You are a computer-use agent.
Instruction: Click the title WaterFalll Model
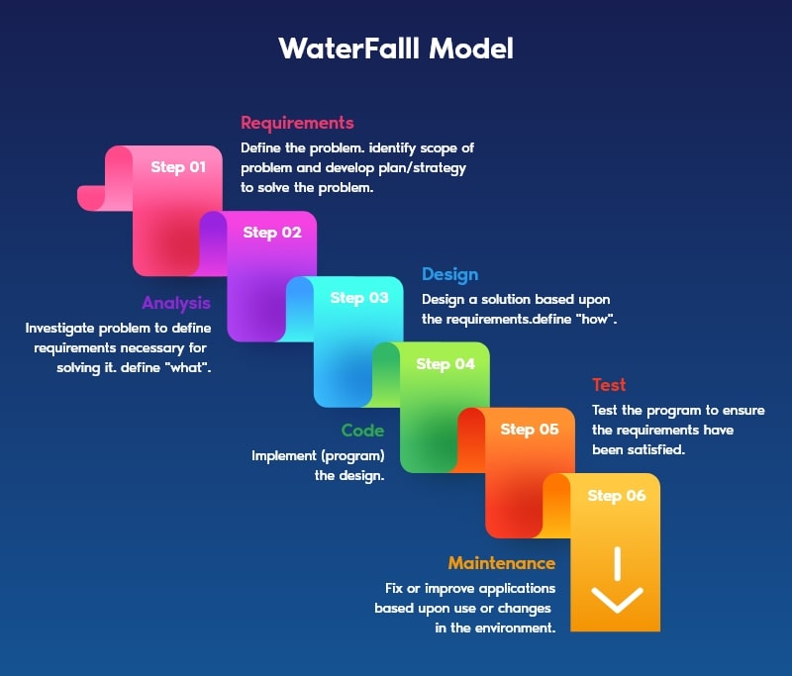tap(396, 48)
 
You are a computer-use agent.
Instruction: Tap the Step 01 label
tap(178, 167)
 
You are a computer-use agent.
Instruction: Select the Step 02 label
tap(272, 233)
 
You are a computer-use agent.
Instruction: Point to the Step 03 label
tap(359, 298)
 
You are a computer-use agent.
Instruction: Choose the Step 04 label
tap(445, 364)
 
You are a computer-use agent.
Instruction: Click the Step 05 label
tap(530, 430)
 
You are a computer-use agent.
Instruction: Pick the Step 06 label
tap(617, 496)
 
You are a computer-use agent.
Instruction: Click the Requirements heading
tap(297, 123)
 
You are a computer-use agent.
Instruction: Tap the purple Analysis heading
tap(176, 303)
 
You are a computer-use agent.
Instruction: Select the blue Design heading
tap(449, 274)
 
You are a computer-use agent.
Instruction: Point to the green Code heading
tap(362, 431)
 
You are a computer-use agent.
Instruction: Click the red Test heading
tap(609, 385)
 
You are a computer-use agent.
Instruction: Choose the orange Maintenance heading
tap(501, 563)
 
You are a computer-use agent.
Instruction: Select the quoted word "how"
tap(596, 319)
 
